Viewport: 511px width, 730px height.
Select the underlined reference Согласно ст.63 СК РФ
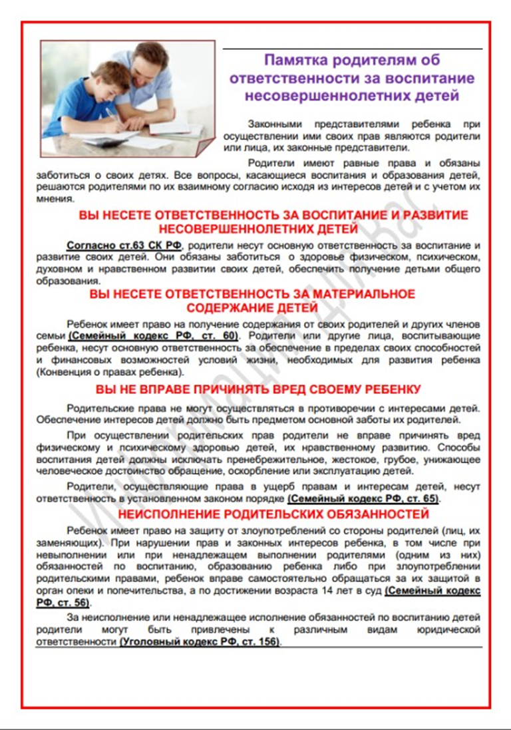[124, 245]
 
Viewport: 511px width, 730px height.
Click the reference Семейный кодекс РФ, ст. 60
[153, 335]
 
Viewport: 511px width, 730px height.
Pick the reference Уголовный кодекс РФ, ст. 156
[199, 642]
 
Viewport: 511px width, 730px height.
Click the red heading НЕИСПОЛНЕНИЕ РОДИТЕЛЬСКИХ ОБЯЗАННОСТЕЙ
[273, 514]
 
